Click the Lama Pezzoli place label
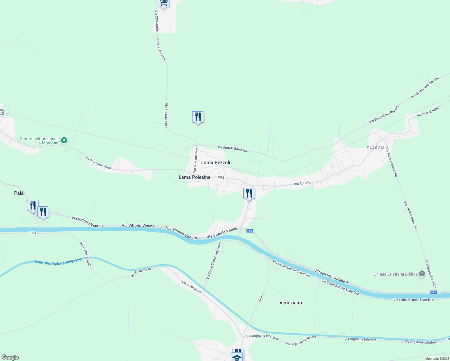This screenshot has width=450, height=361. pos(215,162)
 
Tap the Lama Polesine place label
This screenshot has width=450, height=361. pos(194,177)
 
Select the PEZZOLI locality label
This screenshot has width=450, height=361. pos(375,147)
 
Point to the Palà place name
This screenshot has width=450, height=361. pos(19,193)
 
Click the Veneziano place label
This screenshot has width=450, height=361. pos(291,303)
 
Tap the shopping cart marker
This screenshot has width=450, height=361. pos(163,3)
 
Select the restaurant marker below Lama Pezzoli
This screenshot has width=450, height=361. pos(249,193)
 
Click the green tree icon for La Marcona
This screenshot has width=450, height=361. pos(64,140)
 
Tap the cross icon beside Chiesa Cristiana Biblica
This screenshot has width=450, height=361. pos(422,274)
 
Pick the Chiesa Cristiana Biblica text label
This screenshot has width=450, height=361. pos(395,274)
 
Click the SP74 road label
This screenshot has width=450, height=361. pos(32,233)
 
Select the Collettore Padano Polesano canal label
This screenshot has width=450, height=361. pos(57,261)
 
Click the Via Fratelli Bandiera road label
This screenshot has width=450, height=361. pos(232,149)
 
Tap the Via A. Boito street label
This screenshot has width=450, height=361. pos(302,184)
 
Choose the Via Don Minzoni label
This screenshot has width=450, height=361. pos(428,111)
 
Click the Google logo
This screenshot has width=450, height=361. pos(10,357)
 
